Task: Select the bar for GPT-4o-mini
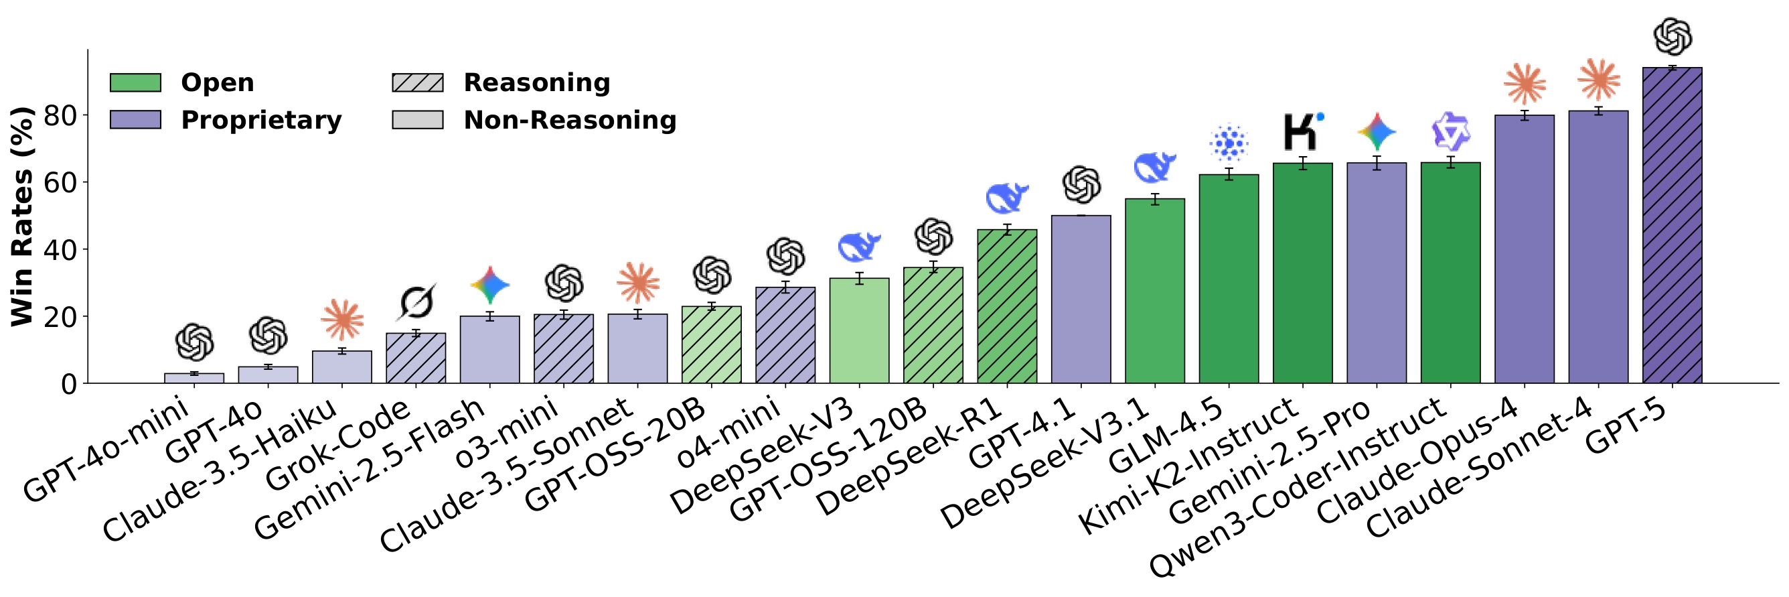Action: pos(193,379)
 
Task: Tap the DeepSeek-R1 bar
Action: pos(1006,306)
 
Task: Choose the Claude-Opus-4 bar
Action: pos(1524,249)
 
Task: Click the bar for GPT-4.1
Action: pos(1081,300)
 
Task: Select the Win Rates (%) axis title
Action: pos(22,216)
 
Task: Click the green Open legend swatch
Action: pos(135,82)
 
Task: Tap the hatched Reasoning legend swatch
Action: pos(417,82)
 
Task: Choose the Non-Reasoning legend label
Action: pos(570,120)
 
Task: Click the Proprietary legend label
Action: pos(261,120)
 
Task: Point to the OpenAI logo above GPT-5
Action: pos(1673,36)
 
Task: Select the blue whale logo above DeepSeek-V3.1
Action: pos(1154,167)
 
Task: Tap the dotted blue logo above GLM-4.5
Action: pos(1229,143)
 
